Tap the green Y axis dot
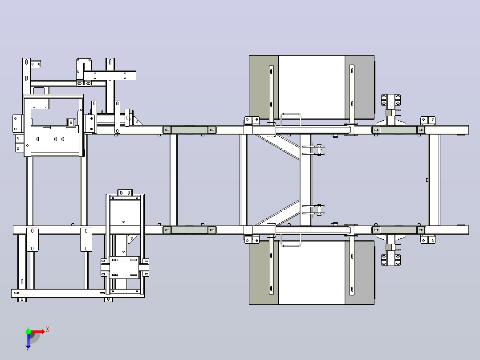[x=28, y=331]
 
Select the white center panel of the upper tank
[x=312, y=87]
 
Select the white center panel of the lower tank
[x=312, y=272]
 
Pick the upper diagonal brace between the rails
[x=277, y=147]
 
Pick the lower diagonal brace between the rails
[x=277, y=213]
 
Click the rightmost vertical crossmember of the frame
[x=434, y=180]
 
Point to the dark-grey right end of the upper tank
[x=360, y=87]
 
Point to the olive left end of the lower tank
[x=264, y=272]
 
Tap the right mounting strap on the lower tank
[x=352, y=266]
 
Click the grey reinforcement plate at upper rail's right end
[x=399, y=130]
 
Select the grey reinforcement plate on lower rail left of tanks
[x=190, y=230]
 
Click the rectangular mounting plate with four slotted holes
[x=124, y=267]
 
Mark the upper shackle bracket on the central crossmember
[x=313, y=150]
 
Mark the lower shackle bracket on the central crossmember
[x=313, y=209]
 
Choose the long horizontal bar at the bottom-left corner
[x=78, y=293]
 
